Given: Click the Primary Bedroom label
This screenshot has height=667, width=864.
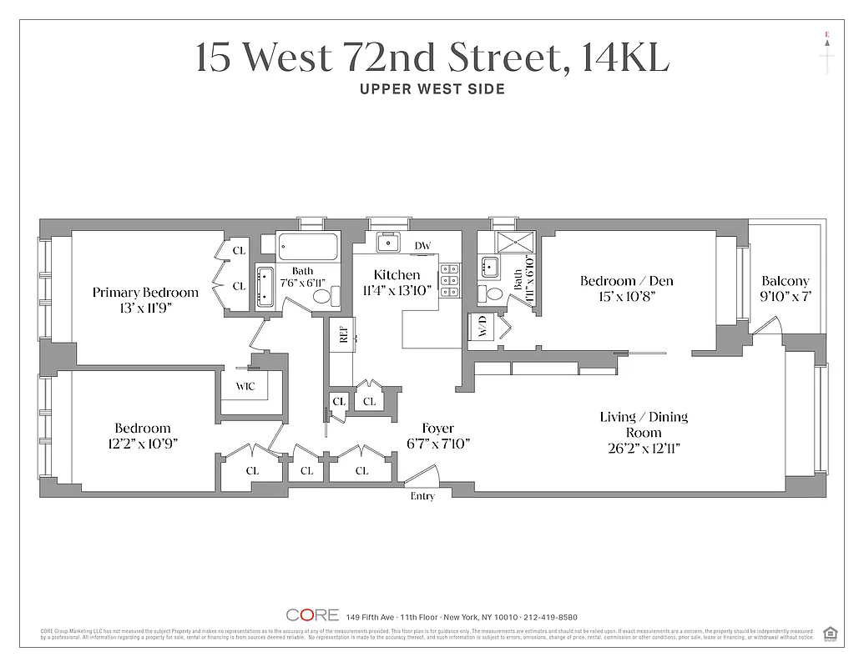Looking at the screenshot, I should coord(145,292).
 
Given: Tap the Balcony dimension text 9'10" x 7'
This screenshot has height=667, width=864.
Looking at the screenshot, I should coord(785,297).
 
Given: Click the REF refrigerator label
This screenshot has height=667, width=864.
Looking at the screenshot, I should coord(342,335).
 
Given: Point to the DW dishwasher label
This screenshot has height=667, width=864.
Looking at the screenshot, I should coord(423,245).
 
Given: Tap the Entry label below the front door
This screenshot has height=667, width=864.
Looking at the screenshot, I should coord(422,496).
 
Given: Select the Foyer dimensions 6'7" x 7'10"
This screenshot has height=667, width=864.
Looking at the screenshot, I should coord(437,444).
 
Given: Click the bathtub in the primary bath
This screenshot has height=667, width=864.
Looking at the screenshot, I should coord(308,247).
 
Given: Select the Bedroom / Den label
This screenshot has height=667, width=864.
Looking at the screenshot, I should coord(626,281).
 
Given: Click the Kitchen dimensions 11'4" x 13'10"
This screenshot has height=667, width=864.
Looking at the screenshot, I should coord(396,291).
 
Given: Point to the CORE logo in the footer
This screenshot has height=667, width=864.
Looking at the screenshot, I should coord(312,615).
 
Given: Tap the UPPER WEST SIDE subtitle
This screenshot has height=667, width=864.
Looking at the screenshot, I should coord(432,89).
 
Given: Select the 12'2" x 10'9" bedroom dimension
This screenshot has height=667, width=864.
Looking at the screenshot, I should coord(143,444).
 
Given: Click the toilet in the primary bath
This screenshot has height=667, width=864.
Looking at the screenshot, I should coord(336,295).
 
